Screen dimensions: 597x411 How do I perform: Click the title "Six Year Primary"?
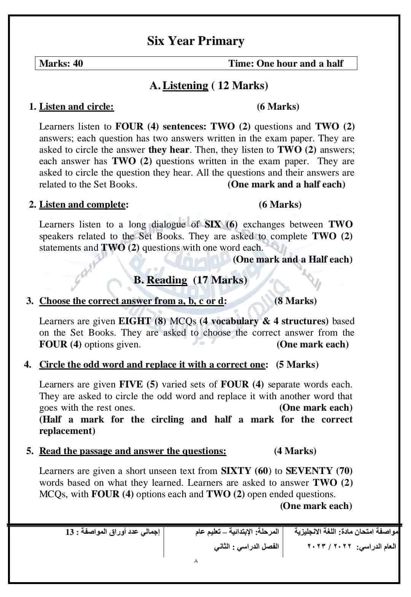(x=196, y=41)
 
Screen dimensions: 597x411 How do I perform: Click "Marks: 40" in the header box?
(x=61, y=64)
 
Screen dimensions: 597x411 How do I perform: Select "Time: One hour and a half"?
(x=286, y=64)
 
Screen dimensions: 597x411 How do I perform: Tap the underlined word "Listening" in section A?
(x=185, y=86)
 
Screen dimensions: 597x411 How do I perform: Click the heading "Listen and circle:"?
(x=76, y=107)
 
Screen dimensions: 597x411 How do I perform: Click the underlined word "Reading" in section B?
(x=167, y=280)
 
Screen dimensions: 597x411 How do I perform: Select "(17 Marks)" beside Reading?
(x=220, y=280)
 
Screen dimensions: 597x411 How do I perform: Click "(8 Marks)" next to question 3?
(x=295, y=301)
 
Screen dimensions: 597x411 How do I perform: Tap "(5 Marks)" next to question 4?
(x=297, y=365)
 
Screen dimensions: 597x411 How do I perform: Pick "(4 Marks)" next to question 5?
(x=295, y=451)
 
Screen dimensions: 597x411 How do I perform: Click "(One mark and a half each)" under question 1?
(x=286, y=184)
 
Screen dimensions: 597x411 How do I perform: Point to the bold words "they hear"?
(x=169, y=150)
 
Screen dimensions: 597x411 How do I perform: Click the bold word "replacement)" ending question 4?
(x=67, y=431)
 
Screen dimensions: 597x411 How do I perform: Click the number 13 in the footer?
(x=69, y=532)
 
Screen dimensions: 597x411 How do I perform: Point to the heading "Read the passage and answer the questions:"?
(x=133, y=451)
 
